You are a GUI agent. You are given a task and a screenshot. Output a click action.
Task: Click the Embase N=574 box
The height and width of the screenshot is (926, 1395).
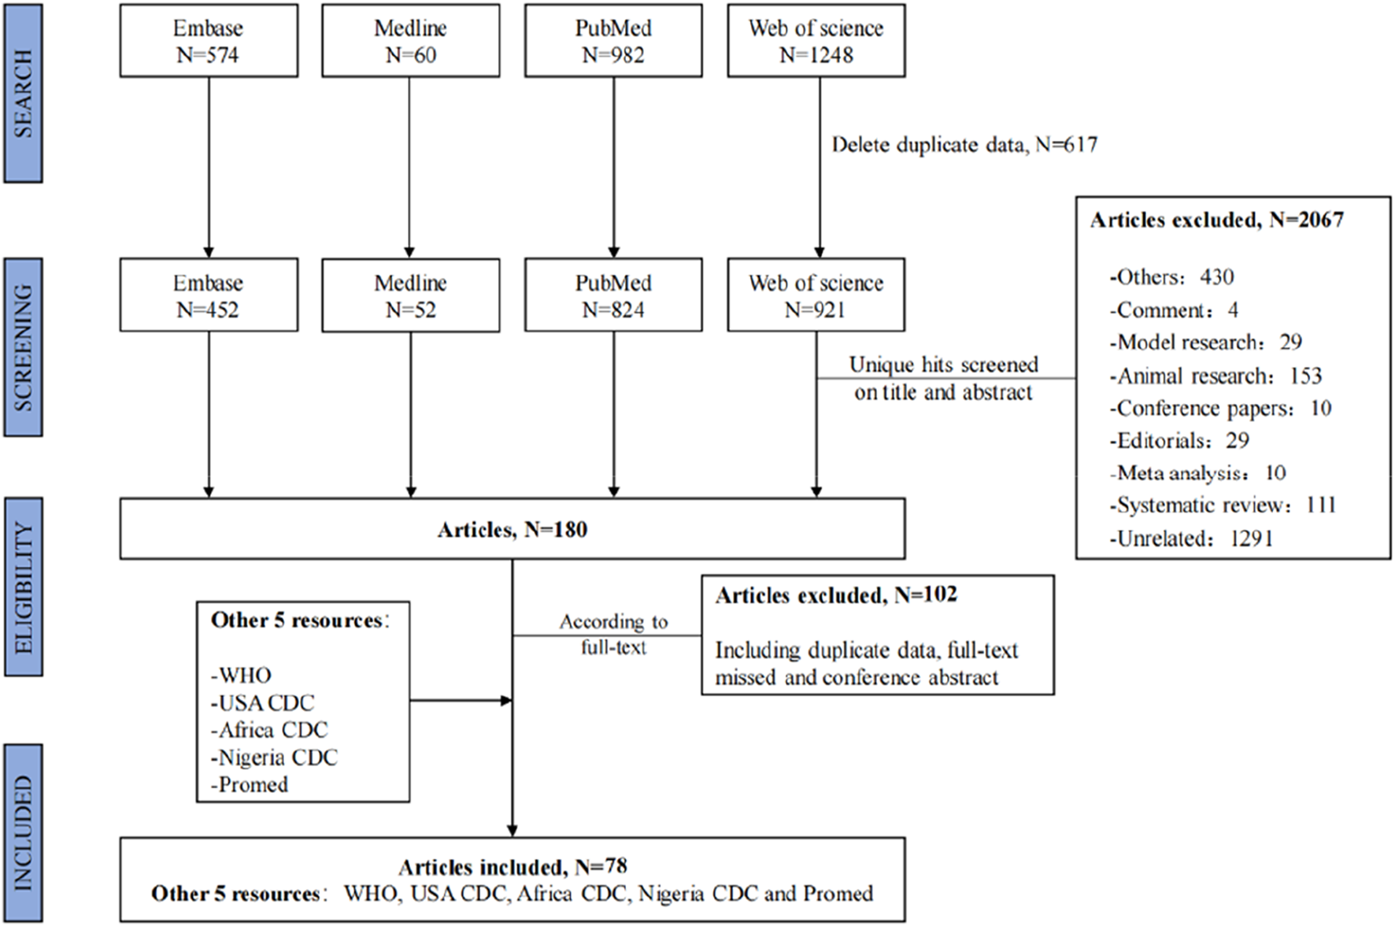pyautogui.click(x=209, y=41)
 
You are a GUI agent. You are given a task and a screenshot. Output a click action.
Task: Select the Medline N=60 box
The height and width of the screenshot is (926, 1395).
pyautogui.click(x=410, y=41)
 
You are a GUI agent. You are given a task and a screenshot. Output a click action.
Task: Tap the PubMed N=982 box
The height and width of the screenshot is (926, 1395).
pyautogui.click(x=613, y=41)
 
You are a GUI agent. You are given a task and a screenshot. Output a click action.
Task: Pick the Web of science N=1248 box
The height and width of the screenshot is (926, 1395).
pyautogui.click(x=816, y=41)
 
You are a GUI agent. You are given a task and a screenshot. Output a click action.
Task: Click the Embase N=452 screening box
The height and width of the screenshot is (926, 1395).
pyautogui.click(x=209, y=295)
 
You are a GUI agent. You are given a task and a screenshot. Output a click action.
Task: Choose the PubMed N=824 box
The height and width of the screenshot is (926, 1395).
pyautogui.click(x=613, y=295)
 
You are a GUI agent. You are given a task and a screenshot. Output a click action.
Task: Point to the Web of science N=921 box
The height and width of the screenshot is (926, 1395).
pyautogui.click(x=816, y=295)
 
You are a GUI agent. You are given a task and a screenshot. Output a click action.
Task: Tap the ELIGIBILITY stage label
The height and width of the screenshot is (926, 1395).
pyautogui.click(x=24, y=587)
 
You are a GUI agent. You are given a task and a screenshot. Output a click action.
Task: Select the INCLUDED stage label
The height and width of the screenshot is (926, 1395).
pyautogui.click(x=24, y=833)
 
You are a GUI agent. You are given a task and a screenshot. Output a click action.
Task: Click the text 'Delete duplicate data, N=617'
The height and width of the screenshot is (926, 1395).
pyautogui.click(x=964, y=145)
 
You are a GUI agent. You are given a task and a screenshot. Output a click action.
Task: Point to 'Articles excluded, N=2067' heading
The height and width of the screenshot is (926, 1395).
pyautogui.click(x=1217, y=220)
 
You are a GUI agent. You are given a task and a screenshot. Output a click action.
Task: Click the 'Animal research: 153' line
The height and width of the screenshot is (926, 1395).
pyautogui.click(x=1216, y=376)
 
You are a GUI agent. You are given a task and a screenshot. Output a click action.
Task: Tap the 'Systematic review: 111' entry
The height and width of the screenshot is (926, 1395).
pyautogui.click(x=1223, y=505)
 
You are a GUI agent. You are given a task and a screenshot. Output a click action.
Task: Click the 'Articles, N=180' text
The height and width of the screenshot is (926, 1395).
pyautogui.click(x=512, y=529)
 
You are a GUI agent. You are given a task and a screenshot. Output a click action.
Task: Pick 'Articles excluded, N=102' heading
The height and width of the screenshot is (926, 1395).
pyautogui.click(x=836, y=595)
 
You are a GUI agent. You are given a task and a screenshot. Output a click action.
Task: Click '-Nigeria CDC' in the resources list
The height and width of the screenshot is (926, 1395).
pyautogui.click(x=274, y=757)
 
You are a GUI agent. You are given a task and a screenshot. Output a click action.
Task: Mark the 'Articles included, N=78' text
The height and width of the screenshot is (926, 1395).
pyautogui.click(x=512, y=868)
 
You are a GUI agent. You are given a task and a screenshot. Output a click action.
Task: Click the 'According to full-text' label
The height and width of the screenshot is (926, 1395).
pyautogui.click(x=613, y=635)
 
